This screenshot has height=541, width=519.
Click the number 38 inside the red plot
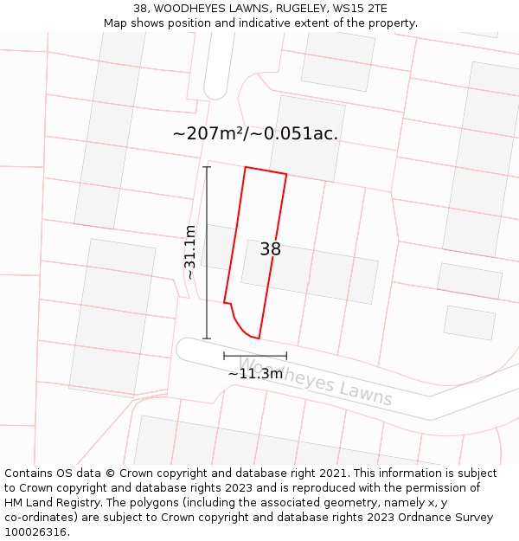270,249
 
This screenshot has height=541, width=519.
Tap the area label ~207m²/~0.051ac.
255,134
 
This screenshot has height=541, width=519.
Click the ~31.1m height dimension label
190,252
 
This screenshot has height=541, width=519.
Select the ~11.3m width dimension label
255,374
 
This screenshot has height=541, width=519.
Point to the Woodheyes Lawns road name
315,382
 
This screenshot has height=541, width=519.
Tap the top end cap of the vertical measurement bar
207,166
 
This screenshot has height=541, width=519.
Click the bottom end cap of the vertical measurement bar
207,338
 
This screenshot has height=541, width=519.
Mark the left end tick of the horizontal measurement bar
224,356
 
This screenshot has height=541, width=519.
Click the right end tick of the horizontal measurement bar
286,356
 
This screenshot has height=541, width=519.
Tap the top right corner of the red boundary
286,175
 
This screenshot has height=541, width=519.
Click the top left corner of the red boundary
246,167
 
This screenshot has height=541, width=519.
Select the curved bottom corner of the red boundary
244,332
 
